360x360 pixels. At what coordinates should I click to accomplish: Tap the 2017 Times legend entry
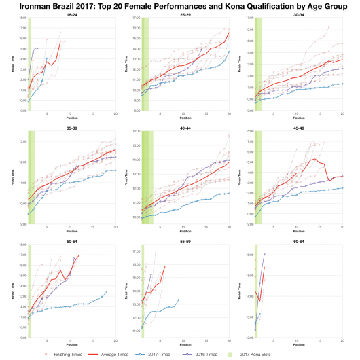point(171,355)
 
